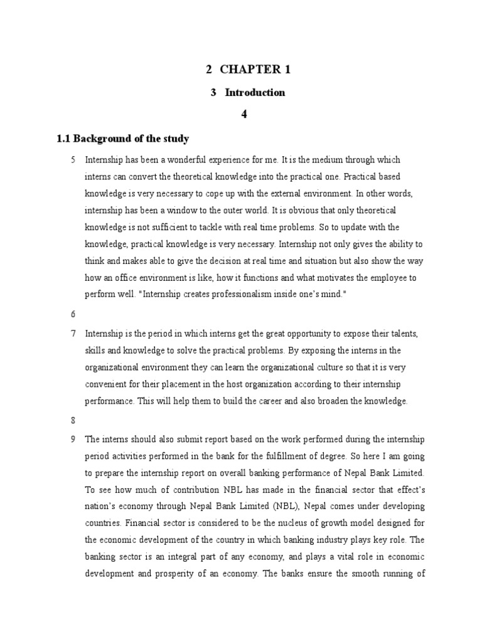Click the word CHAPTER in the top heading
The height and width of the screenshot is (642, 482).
pyautogui.click(x=252, y=70)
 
